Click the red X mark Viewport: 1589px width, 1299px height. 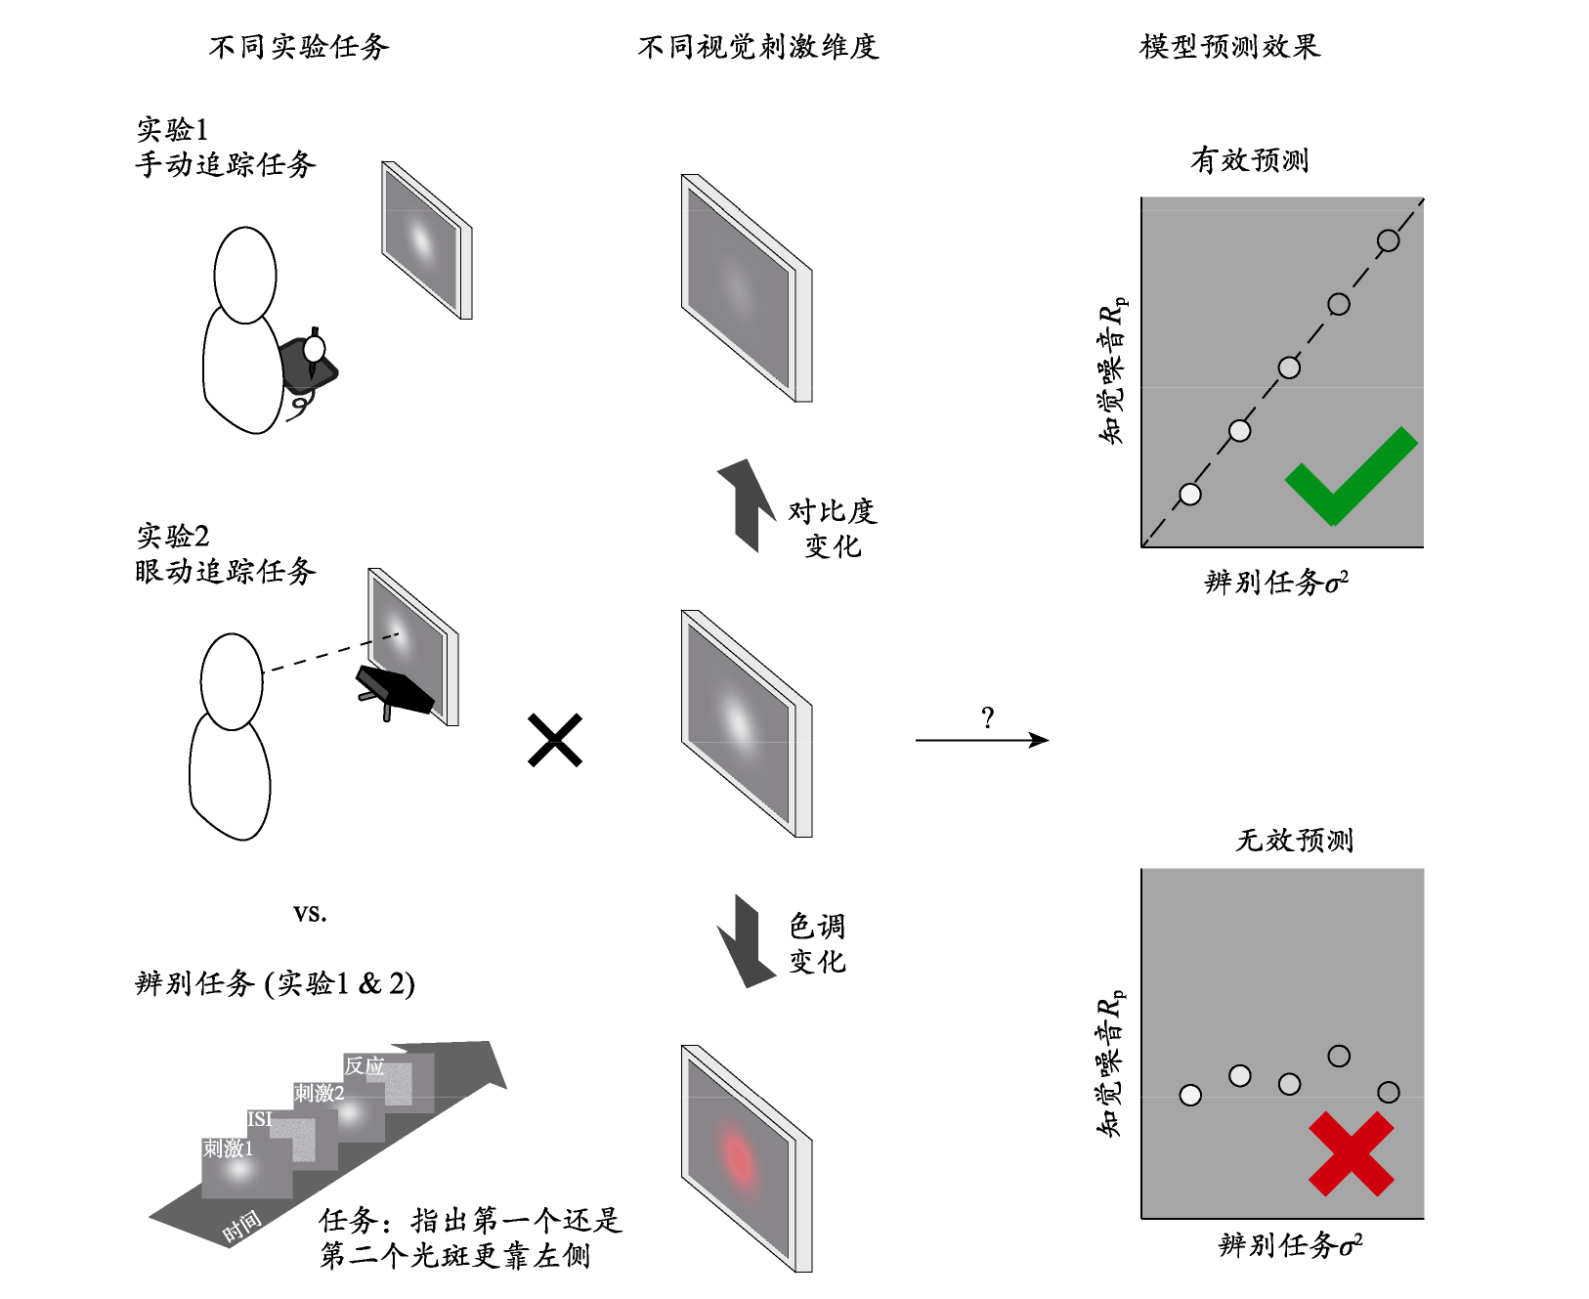pos(1352,1153)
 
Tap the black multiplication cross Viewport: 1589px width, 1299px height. pos(555,740)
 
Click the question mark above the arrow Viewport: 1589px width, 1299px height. pos(988,718)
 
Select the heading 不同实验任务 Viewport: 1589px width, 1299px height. pos(299,47)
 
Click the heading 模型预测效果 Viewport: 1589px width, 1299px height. pos(1230,47)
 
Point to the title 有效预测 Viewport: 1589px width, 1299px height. pos(1250,159)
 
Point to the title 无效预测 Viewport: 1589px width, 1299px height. pos(1295,840)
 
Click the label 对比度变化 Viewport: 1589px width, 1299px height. pos(833,528)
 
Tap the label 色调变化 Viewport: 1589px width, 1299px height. pos(818,943)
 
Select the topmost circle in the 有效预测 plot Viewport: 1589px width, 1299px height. pos(1389,240)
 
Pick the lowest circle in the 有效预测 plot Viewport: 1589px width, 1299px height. pos(1190,495)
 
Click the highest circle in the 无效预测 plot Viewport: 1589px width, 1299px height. pos(1339,1056)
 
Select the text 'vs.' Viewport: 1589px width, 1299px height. pos(310,913)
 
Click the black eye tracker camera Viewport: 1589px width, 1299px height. pos(393,689)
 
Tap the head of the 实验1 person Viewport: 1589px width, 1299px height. pos(245,275)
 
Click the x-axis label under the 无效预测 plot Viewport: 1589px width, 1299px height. pos(1290,1244)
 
